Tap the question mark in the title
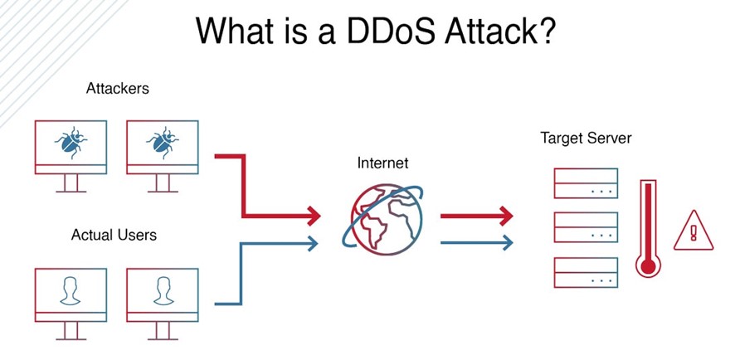pos(545,31)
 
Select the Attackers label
pos(118,88)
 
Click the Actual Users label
pos(114,235)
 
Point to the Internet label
pos(382,163)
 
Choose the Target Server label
pos(586,138)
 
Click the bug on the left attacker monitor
pos(71,142)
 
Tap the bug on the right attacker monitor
pos(163,142)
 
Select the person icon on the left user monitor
pos(71,289)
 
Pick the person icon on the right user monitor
pos(163,289)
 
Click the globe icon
pos(382,215)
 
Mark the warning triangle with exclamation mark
pos(694,230)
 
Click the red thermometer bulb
pos(647,265)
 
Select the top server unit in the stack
pos(585,183)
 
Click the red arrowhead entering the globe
pos(313,215)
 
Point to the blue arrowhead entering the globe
pos(313,242)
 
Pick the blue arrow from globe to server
pos(476,242)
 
